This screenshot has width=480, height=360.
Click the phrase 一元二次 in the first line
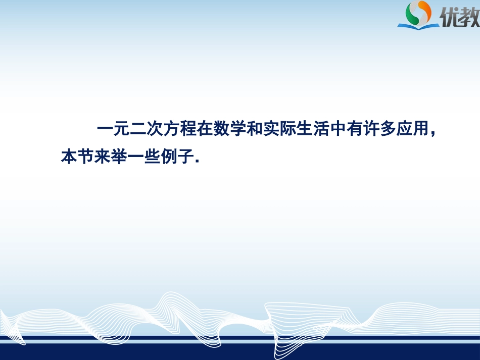click(130, 130)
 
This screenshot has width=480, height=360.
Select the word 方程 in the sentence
click(180, 130)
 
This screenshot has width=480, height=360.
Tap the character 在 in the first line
click(205, 130)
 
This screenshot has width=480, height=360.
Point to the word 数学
click(230, 130)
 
